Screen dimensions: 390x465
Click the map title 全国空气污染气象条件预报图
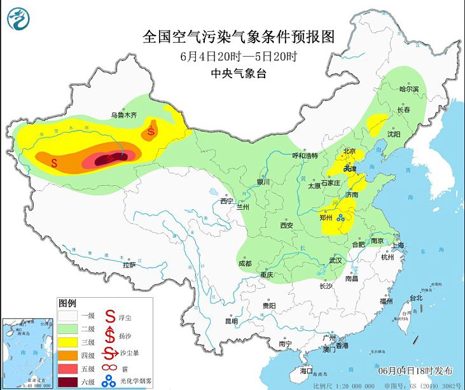[x=239, y=36]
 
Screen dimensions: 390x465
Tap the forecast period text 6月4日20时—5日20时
[x=239, y=56]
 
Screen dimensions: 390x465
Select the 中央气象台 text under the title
[x=238, y=73]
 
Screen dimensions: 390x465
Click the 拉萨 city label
[x=129, y=265]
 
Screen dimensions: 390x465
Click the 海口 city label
[x=306, y=370]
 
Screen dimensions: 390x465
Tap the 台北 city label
[x=415, y=298]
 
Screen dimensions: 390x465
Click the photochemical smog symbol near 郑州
[x=342, y=218]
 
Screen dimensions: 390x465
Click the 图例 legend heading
[x=67, y=302]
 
